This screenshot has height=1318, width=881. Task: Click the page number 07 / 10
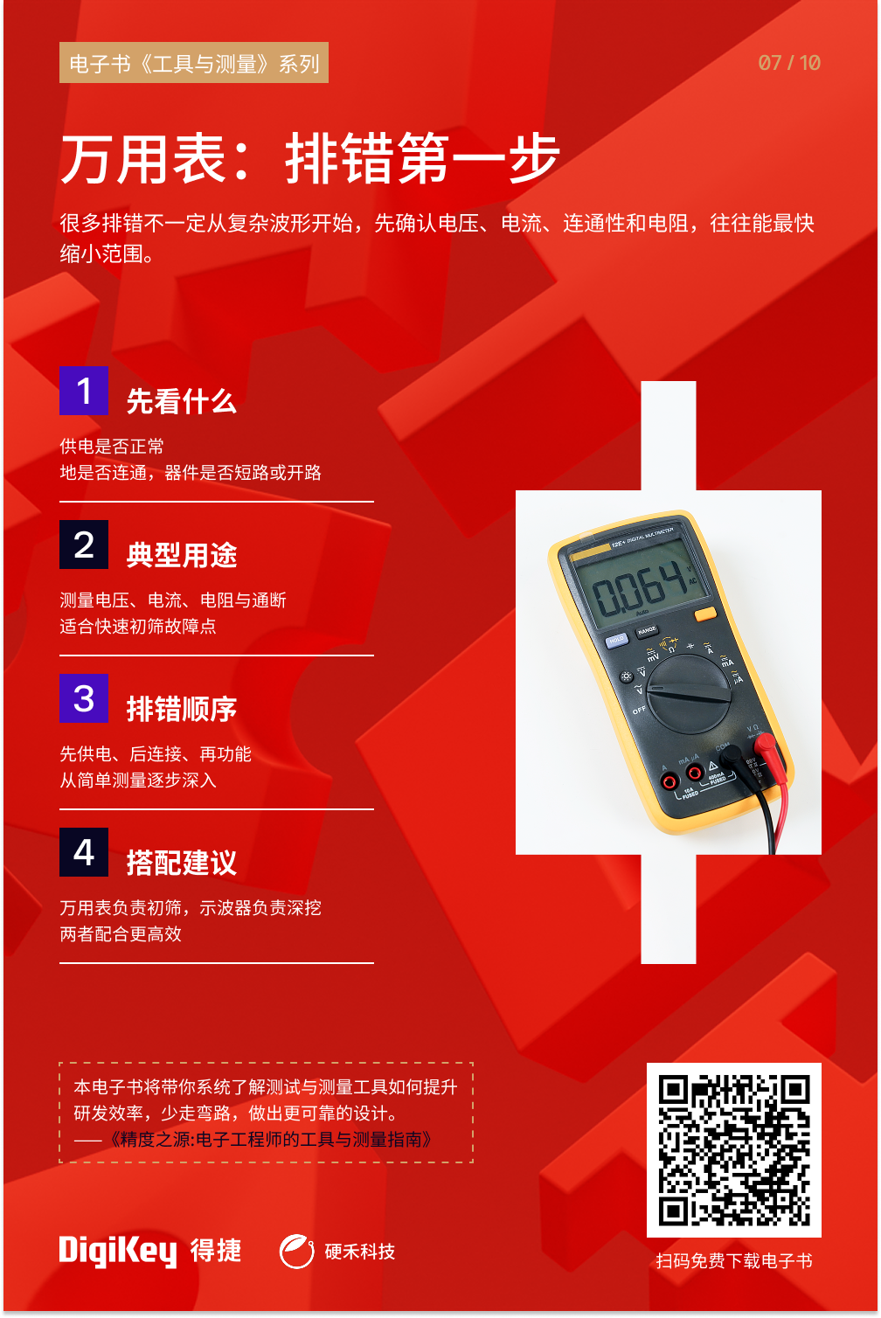pyautogui.click(x=788, y=63)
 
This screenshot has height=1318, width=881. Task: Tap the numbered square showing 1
pyautogui.click(x=84, y=390)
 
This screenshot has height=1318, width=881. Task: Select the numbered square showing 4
pyautogui.click(x=84, y=852)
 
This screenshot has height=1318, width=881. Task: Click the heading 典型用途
pyautogui.click(x=182, y=555)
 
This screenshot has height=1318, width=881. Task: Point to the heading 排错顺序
pyautogui.click(x=182, y=709)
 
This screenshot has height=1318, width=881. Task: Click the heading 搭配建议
pyautogui.click(x=182, y=863)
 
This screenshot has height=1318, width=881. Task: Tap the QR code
pyautogui.click(x=734, y=1149)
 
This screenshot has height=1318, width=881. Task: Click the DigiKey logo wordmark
pyautogui.click(x=118, y=1251)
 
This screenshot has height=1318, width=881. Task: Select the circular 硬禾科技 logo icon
pyautogui.click(x=296, y=1251)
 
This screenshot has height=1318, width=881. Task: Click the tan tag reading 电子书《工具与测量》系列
pyautogui.click(x=194, y=62)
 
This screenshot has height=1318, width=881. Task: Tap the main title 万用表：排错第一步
pyautogui.click(x=310, y=158)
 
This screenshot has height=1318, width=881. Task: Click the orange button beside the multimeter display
pyautogui.click(x=705, y=614)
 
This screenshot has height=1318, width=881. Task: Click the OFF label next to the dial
pyautogui.click(x=639, y=711)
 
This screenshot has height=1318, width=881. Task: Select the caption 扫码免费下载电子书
pyautogui.click(x=734, y=1260)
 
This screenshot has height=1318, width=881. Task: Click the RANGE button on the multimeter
pyautogui.click(x=647, y=631)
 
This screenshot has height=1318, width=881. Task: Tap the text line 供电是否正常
pyautogui.click(x=112, y=446)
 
